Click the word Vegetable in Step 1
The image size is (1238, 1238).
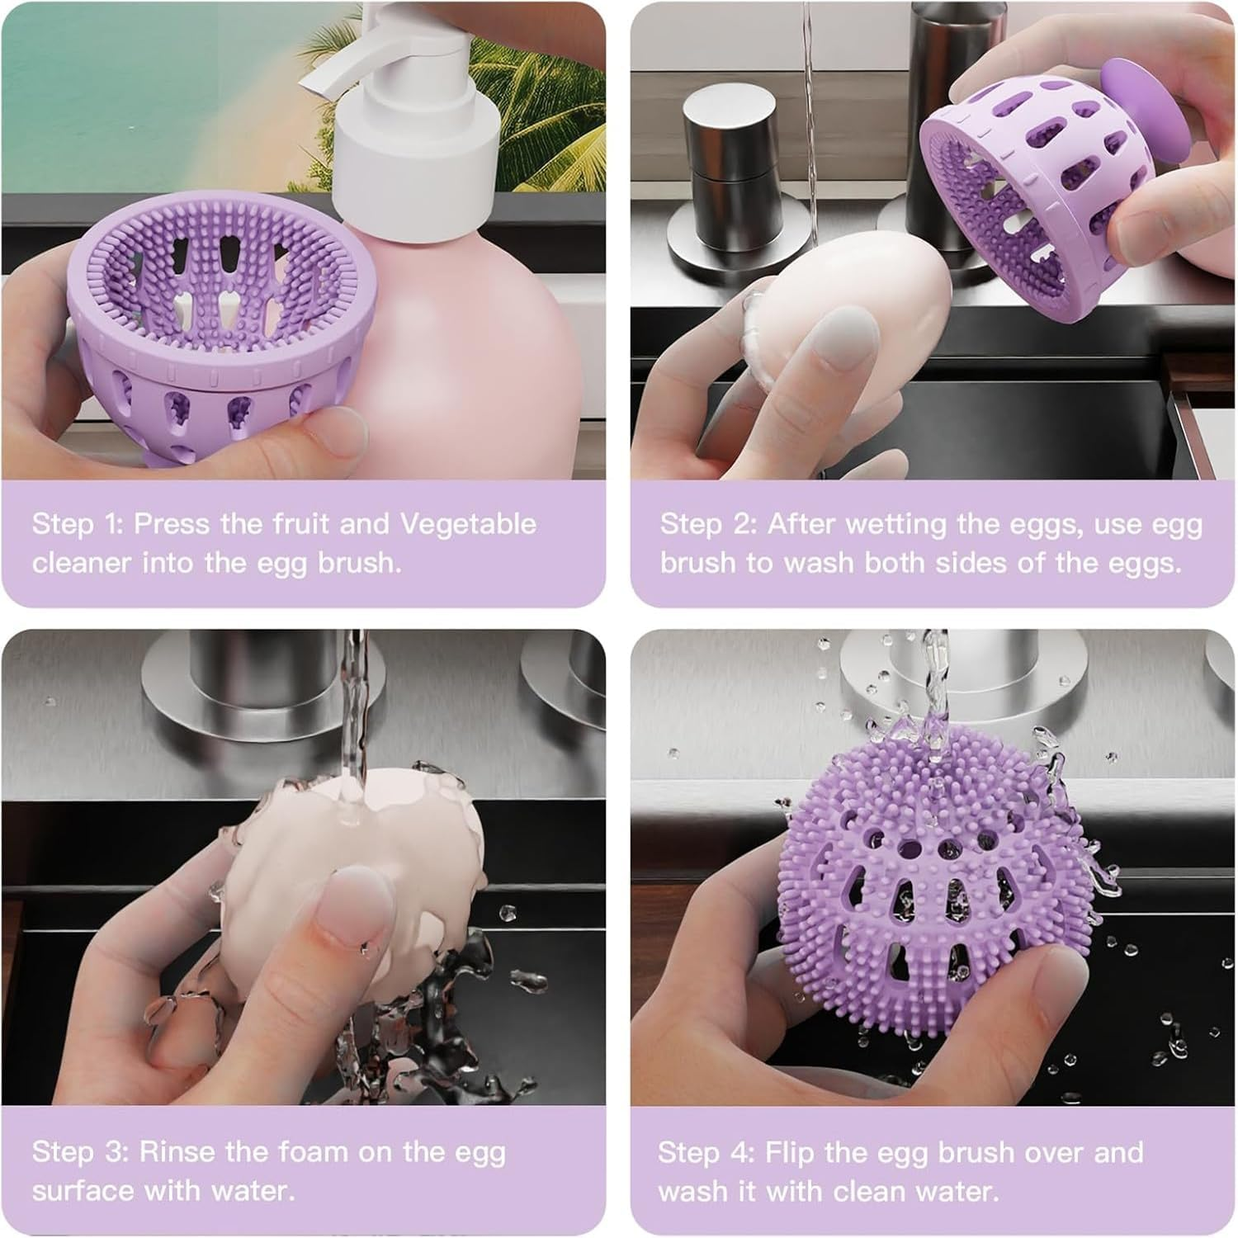(468, 524)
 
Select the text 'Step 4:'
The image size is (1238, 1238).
(706, 1152)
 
